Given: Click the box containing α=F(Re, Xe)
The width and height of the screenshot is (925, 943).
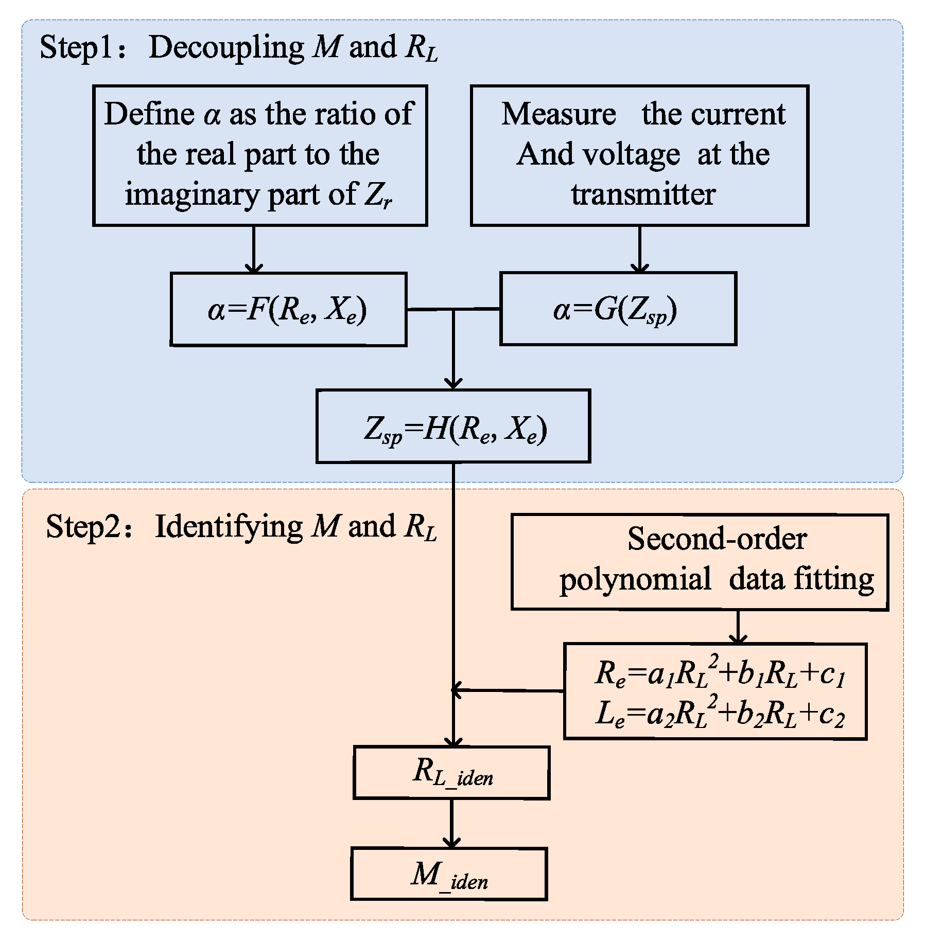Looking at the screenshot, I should coord(288,310).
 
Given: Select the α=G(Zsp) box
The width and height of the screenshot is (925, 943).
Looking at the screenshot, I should coord(618,309).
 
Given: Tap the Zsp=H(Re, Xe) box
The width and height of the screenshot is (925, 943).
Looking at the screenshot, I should coord(453,426).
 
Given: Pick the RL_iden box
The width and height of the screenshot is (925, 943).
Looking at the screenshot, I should coord(451,773).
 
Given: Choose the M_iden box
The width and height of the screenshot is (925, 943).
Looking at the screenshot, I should coord(449,874).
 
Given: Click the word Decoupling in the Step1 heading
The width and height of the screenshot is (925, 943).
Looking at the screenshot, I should coord(226,48).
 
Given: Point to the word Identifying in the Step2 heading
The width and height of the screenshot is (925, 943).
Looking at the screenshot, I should coord(229,527).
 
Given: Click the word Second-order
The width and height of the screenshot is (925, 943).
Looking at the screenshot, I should coord(717,539).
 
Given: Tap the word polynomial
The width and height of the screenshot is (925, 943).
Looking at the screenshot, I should coord(635,579).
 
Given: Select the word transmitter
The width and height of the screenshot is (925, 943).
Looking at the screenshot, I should coord(643,194).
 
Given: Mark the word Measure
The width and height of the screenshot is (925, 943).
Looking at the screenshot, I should coord(559,114).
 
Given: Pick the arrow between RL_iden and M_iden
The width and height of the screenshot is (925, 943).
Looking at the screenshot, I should coord(451,823).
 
